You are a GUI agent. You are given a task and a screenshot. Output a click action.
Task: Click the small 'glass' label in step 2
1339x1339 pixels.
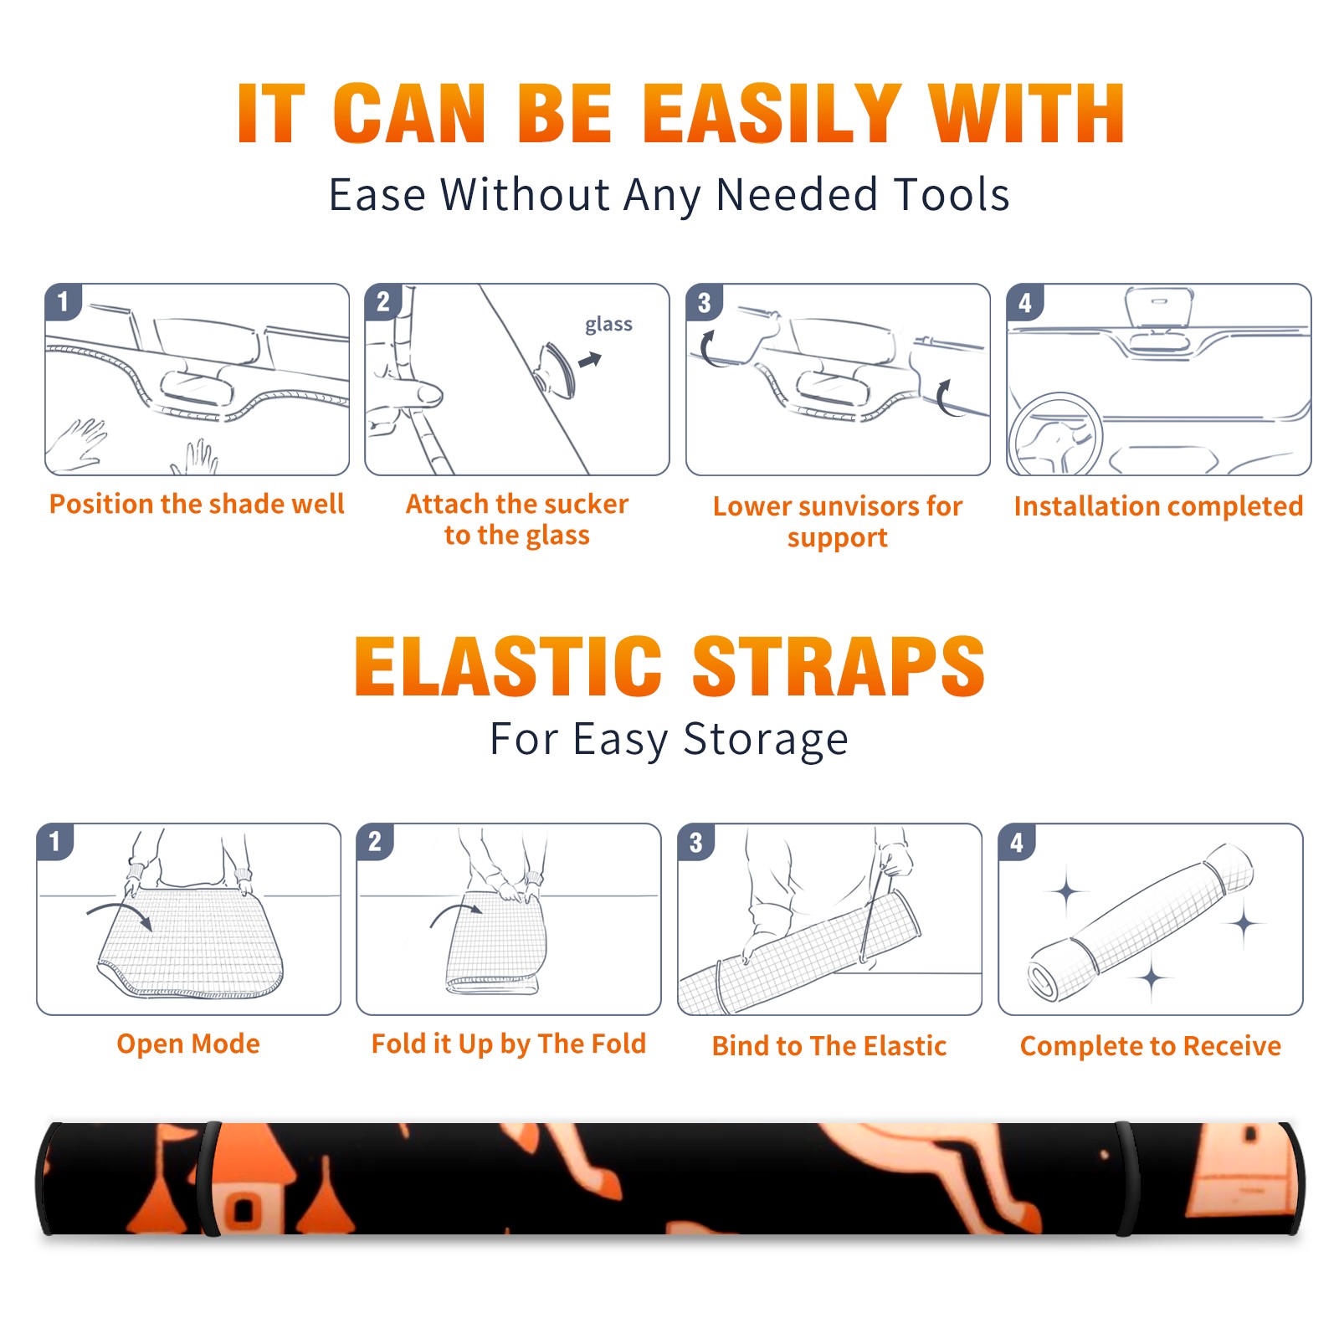pos(608,325)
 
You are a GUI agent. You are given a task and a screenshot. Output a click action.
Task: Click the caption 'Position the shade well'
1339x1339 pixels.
pos(197,504)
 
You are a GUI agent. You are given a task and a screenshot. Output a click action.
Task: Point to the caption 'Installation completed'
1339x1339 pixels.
pos(1158,506)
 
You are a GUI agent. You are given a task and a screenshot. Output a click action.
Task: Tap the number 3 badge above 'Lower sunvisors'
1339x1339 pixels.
pos(704,302)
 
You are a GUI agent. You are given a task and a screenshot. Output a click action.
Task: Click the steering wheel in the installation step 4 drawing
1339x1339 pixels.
pos(1055,434)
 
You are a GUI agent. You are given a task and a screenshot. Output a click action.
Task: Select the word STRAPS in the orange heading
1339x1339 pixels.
pos(839,666)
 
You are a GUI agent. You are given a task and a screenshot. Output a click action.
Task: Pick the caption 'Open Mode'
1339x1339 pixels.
pos(188,1044)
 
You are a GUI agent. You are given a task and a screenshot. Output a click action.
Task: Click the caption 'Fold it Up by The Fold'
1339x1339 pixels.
pos(509,1044)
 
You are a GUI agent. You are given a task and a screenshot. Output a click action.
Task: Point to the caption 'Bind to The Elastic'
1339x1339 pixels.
pos(829,1046)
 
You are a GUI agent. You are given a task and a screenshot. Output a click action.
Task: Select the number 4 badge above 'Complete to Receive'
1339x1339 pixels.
pos(1017,842)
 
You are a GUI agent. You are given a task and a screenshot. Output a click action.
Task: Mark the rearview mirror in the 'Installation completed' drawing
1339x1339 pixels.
pos(1159,309)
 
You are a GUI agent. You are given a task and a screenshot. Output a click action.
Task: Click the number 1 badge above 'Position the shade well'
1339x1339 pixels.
pos(63,302)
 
